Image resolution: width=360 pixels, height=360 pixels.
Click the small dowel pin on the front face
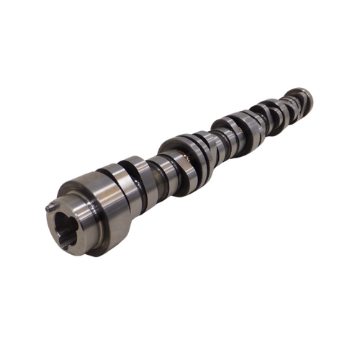point(50,207)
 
